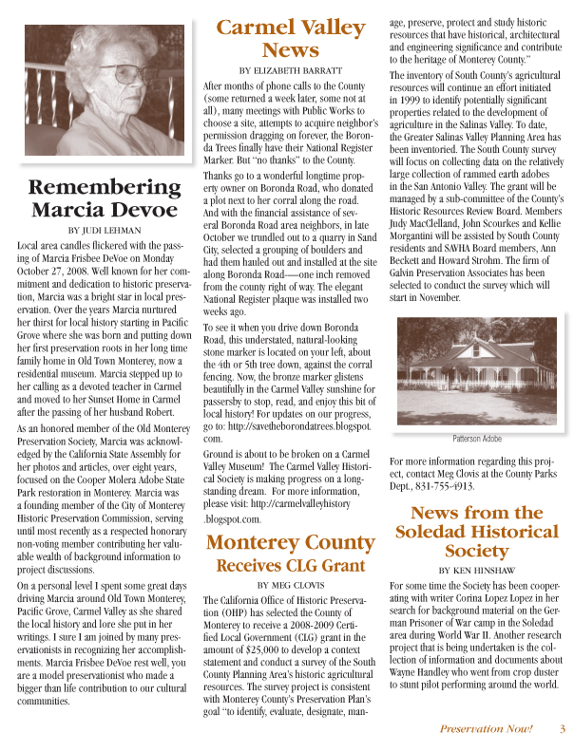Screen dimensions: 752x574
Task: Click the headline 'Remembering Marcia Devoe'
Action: (x=103, y=197)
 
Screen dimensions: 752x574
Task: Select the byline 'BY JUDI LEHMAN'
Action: (x=103, y=229)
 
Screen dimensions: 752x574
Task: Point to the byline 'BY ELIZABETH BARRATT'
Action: (x=291, y=70)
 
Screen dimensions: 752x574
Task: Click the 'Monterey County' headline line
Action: (x=291, y=543)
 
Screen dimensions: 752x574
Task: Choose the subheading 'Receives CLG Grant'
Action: (x=291, y=566)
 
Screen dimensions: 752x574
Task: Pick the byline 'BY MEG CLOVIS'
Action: (x=291, y=585)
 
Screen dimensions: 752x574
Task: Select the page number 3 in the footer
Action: (x=563, y=729)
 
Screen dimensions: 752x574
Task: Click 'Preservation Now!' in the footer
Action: (x=486, y=729)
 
